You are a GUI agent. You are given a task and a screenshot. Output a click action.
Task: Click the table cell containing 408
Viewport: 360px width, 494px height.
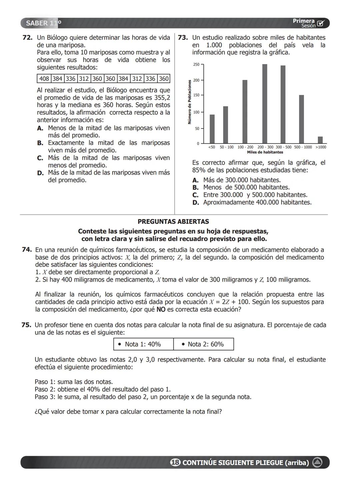44,79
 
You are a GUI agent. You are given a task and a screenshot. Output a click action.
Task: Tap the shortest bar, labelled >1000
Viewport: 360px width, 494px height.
320,140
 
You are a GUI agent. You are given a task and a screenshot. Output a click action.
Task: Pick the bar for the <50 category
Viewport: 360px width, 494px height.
212,129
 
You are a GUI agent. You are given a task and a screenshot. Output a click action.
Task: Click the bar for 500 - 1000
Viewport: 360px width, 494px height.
301,119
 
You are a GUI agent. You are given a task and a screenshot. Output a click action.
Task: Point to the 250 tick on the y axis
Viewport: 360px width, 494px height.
196,64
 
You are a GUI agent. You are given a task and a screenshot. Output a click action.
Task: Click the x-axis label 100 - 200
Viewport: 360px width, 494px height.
245,147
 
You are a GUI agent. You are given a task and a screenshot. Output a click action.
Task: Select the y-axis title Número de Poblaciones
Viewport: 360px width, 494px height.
189,102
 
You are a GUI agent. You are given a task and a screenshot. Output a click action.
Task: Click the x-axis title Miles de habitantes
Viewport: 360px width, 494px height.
265,152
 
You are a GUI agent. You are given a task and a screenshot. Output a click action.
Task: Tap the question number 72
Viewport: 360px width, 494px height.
27,38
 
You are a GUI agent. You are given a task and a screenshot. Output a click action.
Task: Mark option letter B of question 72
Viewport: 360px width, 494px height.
40,143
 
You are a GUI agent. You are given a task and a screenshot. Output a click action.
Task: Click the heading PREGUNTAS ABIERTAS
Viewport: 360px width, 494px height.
173,221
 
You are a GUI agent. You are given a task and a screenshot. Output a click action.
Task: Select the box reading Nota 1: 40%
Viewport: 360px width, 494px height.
143,344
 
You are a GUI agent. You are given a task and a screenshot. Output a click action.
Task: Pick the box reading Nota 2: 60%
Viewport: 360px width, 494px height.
203,344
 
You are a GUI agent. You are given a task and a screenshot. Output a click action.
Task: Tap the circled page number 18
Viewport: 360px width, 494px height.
175,463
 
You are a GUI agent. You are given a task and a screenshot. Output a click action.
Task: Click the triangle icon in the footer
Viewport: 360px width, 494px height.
317,463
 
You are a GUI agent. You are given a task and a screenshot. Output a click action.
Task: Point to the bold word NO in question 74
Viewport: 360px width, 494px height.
161,309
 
